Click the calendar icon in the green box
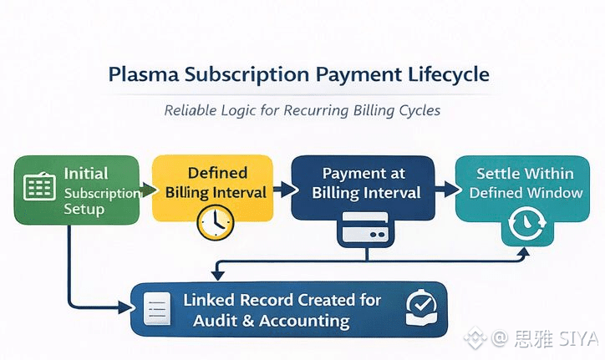39,186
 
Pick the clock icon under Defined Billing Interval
215,221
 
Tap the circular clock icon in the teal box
524,223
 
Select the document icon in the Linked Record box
157,309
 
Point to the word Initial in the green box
87,174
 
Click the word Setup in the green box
84,209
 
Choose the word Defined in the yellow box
217,173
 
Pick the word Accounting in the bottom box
304,321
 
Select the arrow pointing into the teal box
445,191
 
